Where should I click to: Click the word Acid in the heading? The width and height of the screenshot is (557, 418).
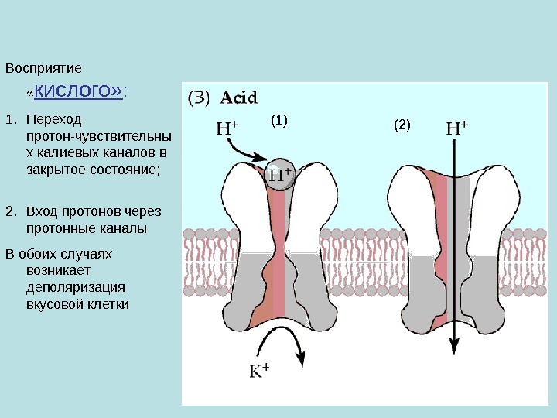coord(239,98)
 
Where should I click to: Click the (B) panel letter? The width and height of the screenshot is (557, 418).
coord(200,98)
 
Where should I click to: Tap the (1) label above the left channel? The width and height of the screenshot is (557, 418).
coord(279,121)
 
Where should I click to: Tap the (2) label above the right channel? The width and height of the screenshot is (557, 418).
coord(402,125)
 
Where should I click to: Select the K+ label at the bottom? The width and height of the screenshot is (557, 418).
coord(259,372)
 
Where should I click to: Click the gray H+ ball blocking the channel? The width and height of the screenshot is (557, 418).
coord(279,174)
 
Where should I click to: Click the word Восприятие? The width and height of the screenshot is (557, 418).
coord(43,68)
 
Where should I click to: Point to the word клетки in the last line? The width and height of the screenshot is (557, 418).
coord(109,304)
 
